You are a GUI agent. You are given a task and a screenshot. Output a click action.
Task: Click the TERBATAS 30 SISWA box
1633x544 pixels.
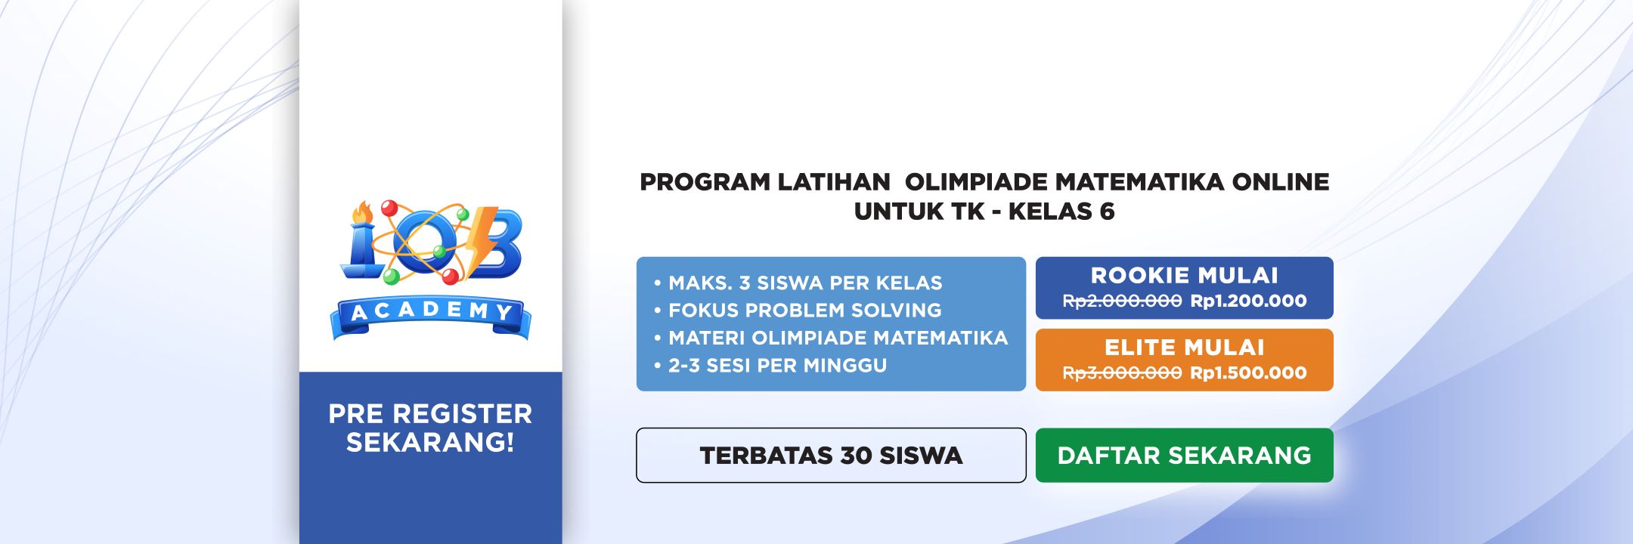click(x=831, y=455)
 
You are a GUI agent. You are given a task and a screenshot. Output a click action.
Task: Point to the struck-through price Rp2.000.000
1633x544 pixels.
click(x=1122, y=301)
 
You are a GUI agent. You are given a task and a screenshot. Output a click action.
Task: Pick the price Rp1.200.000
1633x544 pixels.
click(x=1248, y=301)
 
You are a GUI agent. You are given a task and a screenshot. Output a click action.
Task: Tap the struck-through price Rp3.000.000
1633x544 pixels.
click(x=1122, y=372)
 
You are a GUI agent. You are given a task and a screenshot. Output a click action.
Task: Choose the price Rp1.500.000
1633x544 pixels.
click(x=1248, y=372)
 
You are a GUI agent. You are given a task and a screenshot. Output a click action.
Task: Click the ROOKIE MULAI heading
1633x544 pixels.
click(x=1184, y=275)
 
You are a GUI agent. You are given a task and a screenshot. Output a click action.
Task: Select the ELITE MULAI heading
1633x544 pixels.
click(x=1184, y=347)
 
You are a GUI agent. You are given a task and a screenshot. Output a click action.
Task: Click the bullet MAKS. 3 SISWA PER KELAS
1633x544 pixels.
click(x=798, y=283)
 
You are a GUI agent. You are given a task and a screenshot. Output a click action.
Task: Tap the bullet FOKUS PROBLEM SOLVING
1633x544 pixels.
click(x=798, y=310)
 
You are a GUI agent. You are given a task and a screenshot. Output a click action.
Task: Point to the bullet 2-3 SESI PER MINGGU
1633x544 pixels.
click(x=770, y=365)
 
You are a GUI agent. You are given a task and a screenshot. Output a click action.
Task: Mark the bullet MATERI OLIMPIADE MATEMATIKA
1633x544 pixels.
click(x=831, y=338)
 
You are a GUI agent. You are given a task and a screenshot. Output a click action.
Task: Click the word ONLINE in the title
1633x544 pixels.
click(x=1281, y=182)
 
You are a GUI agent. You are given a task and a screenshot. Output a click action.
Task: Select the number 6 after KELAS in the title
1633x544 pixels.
click(x=1107, y=212)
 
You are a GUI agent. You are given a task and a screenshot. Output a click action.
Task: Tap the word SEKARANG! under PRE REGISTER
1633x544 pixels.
click(x=430, y=442)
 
